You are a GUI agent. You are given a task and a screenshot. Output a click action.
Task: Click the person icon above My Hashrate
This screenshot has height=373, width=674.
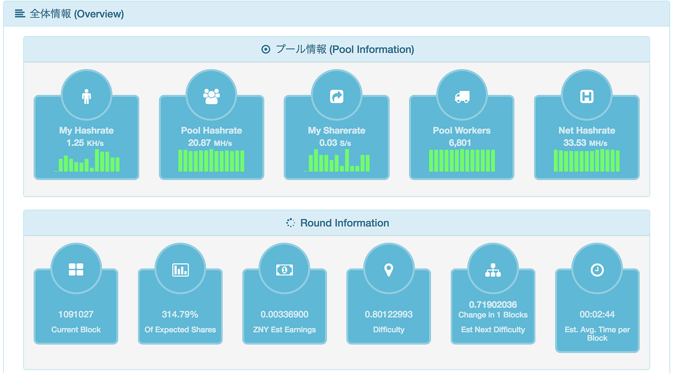tap(86, 97)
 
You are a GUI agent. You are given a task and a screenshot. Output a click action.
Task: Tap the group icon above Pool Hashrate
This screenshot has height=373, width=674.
tap(211, 97)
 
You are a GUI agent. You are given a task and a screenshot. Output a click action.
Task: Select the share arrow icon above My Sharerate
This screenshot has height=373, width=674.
tap(337, 97)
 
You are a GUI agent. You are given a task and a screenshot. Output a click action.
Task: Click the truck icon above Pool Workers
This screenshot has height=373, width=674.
tap(462, 97)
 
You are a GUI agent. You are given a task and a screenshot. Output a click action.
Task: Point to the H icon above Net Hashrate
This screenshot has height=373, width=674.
tap(587, 97)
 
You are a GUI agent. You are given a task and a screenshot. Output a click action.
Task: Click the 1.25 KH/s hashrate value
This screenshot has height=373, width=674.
tap(85, 143)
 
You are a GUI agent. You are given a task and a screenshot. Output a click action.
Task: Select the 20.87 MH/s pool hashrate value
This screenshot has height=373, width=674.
tap(210, 143)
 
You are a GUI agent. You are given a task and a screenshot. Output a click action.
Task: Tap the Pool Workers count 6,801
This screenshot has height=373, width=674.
tap(460, 143)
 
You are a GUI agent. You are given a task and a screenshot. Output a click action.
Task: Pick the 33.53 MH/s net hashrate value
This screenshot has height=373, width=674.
tap(585, 143)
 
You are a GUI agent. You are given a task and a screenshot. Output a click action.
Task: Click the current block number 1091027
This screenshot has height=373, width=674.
tap(76, 314)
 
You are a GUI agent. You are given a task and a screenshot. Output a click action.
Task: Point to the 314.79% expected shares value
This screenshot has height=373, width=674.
tap(180, 314)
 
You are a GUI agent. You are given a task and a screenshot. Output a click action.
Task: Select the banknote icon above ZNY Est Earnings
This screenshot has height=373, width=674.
tap(285, 270)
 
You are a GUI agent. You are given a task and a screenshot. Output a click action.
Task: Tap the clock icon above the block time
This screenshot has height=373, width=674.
tap(597, 270)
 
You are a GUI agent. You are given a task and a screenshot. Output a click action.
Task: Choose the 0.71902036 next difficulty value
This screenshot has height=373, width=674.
tap(493, 305)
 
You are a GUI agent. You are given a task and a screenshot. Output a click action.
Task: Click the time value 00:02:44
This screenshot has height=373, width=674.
tap(597, 314)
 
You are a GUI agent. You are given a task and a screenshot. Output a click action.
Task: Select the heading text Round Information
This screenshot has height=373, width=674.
tap(345, 223)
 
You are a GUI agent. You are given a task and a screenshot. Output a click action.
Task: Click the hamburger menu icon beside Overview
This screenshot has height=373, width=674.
tap(20, 13)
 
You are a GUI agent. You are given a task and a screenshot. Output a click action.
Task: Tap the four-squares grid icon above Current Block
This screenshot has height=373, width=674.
tap(76, 269)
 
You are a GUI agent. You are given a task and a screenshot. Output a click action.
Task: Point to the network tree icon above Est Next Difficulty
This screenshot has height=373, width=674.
tap(493, 270)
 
